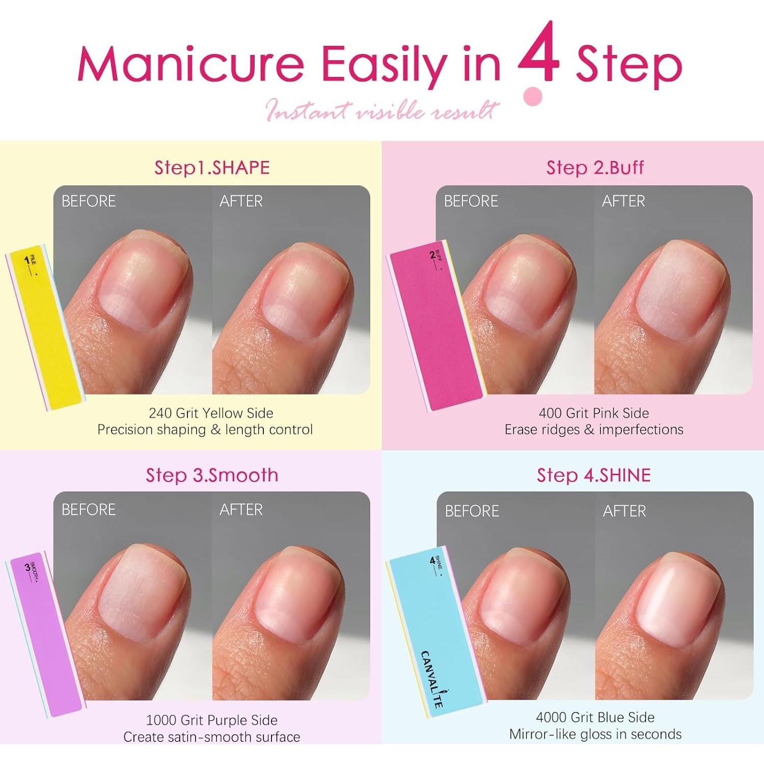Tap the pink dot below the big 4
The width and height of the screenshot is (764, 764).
pyautogui.click(x=533, y=96)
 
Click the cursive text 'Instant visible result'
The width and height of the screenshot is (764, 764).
pyautogui.click(x=382, y=110)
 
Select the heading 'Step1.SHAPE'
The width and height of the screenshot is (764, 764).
pyautogui.click(x=212, y=168)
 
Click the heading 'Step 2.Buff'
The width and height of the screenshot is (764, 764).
pyautogui.click(x=595, y=168)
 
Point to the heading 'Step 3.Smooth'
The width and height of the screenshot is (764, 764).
pyautogui.click(x=212, y=475)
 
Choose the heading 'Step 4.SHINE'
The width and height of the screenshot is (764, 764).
pyautogui.click(x=594, y=475)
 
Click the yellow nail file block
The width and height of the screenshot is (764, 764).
pyautogui.click(x=45, y=326)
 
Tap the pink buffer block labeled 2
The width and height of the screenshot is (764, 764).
pyautogui.click(x=435, y=326)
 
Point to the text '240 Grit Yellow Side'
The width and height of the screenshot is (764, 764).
pyautogui.click(x=211, y=413)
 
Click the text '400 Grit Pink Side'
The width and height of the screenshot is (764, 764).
pyautogui.click(x=594, y=413)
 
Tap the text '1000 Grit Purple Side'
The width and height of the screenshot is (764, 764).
pyautogui.click(x=212, y=720)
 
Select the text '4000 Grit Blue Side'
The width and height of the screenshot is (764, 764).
pyautogui.click(x=595, y=717)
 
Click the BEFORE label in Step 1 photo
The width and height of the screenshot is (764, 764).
pyautogui.click(x=89, y=201)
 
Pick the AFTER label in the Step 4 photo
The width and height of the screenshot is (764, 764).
pyautogui.click(x=624, y=511)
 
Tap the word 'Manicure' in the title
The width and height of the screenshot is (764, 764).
pyautogui.click(x=190, y=65)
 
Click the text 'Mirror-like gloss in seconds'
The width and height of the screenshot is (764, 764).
pyautogui.click(x=595, y=734)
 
